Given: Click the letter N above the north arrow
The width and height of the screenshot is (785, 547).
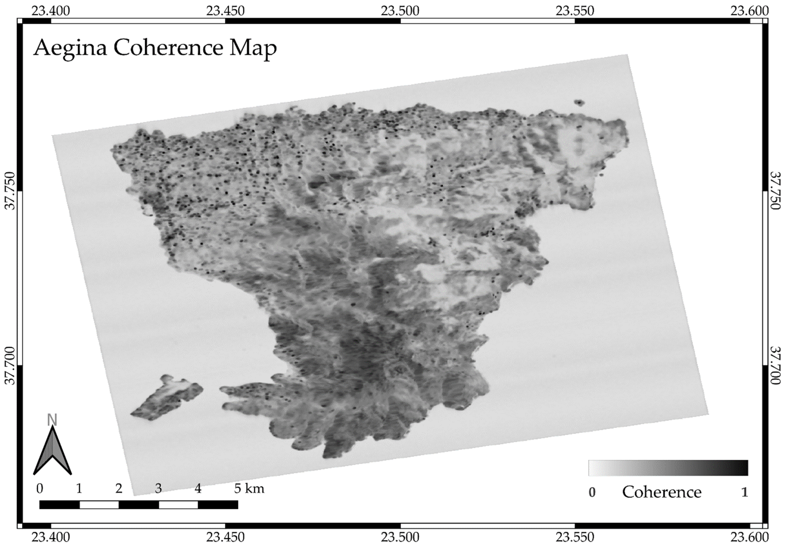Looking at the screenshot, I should (x=52, y=420).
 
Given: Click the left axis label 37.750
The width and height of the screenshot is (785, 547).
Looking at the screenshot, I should (x=11, y=191).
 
